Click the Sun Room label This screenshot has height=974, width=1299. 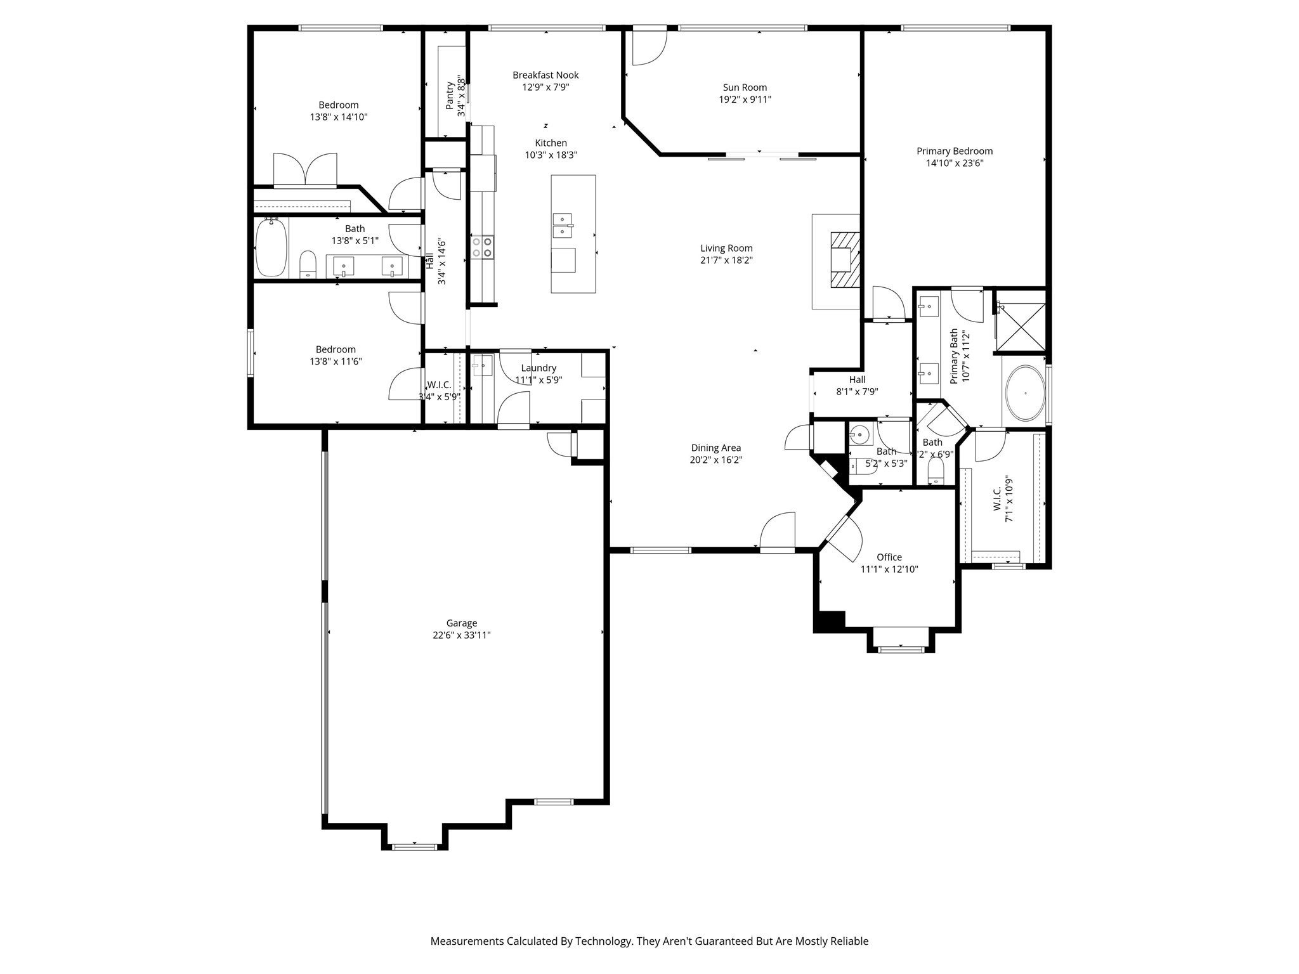(x=745, y=88)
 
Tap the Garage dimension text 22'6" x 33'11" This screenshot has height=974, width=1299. (x=461, y=635)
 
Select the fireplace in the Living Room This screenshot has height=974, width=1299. (x=845, y=260)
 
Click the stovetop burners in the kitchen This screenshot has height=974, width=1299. (x=482, y=247)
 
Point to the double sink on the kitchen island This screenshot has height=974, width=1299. (x=563, y=225)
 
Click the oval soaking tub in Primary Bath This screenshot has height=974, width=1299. (x=1025, y=393)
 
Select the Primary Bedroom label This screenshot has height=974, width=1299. (x=954, y=151)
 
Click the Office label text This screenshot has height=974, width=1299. (x=889, y=557)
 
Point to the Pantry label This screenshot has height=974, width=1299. (x=450, y=95)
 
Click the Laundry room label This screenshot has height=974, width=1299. (x=539, y=368)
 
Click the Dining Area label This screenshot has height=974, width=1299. (x=715, y=448)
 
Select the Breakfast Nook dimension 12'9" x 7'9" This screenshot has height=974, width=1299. (x=545, y=87)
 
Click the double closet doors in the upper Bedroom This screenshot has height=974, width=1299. (x=305, y=169)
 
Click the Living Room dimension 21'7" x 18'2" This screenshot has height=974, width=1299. (x=726, y=260)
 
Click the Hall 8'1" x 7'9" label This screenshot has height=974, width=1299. (x=857, y=380)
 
